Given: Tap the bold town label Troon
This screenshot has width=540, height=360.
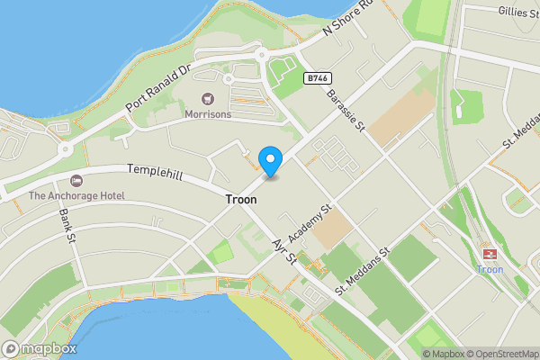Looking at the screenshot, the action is (x=241, y=200).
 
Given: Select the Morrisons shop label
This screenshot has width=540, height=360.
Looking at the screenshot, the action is (x=208, y=114).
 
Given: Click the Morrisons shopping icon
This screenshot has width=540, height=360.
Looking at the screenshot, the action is (x=208, y=98).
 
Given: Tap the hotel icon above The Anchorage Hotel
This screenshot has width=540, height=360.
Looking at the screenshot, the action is (x=76, y=180).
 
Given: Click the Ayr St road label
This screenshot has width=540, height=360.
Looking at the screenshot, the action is (x=283, y=249).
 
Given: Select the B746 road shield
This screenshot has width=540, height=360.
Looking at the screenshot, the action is (x=313, y=79).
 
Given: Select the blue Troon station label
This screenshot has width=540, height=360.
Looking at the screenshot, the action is (x=490, y=269).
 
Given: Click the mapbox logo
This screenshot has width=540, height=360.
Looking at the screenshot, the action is (x=39, y=348).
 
